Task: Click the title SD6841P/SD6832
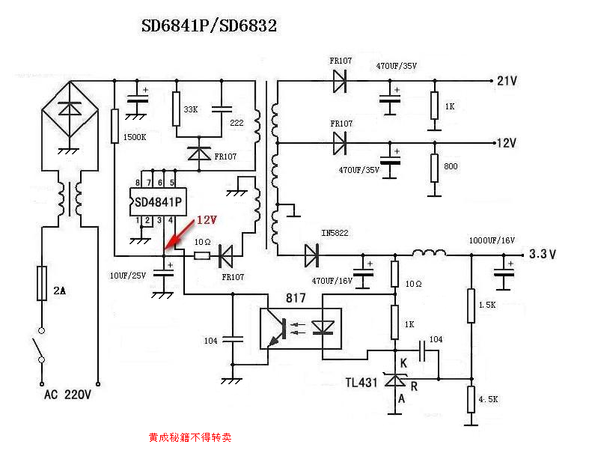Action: (x=210, y=26)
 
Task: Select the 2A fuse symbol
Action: (x=42, y=283)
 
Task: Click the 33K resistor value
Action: (x=191, y=109)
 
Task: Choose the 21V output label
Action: (x=507, y=80)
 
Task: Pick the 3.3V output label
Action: (x=543, y=254)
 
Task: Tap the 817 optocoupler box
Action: (x=300, y=329)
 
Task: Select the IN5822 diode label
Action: (x=335, y=233)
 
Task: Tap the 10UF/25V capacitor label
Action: (x=128, y=276)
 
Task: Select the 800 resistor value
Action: (x=451, y=166)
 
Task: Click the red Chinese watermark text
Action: (x=190, y=437)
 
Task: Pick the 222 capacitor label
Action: (x=236, y=123)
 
